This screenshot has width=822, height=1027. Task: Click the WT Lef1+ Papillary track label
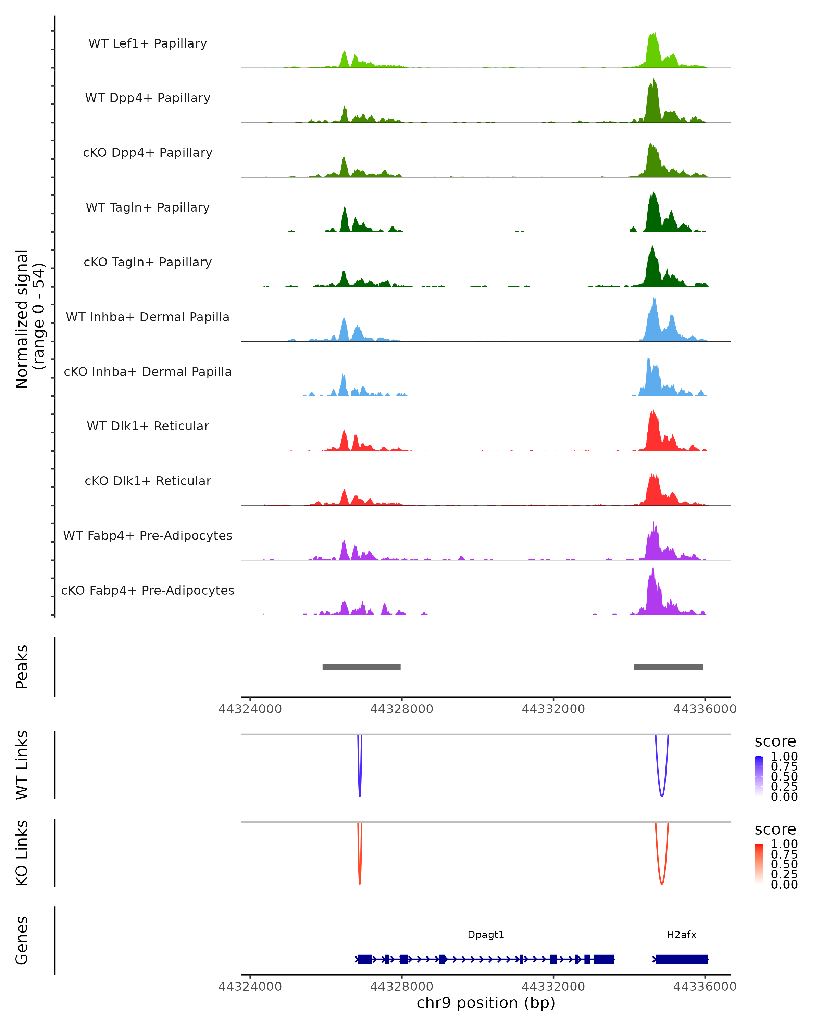pos(148,43)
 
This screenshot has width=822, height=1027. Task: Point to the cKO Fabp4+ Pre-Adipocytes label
pos(148,590)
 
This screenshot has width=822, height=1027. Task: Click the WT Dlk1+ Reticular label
pos(148,426)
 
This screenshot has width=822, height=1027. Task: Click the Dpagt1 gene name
pos(486,935)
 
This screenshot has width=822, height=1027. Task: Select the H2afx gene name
pos(682,935)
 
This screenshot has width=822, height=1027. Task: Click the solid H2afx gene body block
pos(682,959)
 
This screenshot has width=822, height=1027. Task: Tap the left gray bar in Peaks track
pos(361,667)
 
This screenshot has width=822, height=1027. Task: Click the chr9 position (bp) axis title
pos(486,1003)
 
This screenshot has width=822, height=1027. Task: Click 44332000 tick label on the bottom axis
pos(553,987)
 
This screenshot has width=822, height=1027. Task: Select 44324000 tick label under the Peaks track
pos(250,709)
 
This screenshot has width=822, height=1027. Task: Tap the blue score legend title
pos(775,742)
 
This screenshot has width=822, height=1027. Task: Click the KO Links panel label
pos(22,853)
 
